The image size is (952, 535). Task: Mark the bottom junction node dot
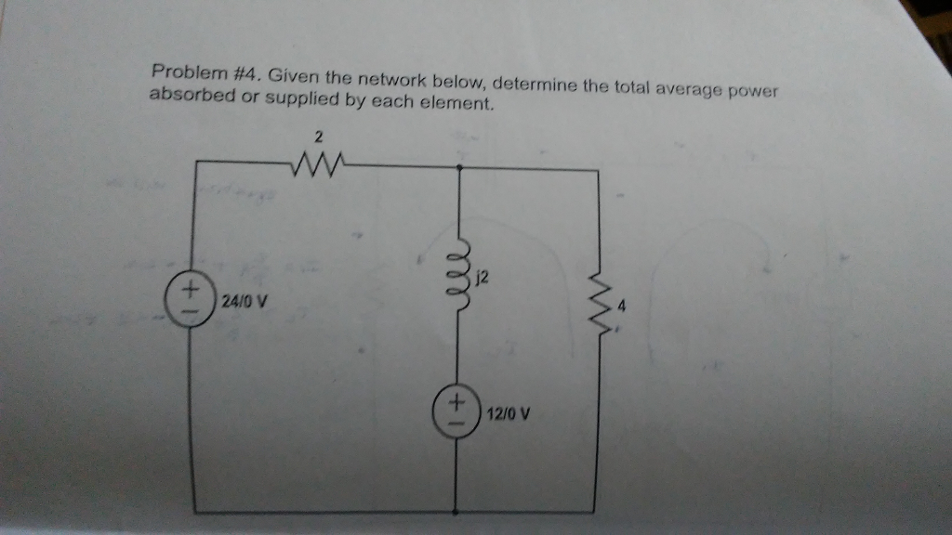pos(456,512)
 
